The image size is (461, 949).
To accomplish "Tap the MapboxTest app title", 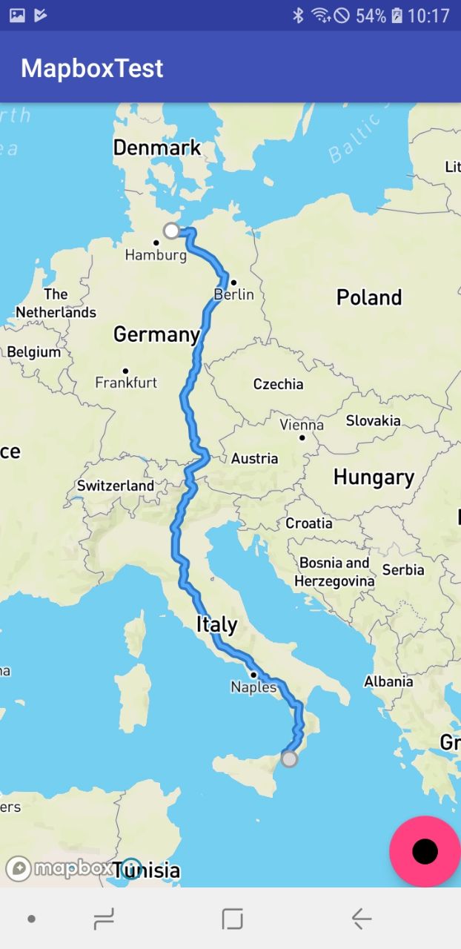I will point(92,68).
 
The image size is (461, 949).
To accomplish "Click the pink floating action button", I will point(425,851).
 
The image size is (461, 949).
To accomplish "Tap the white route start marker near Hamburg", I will point(171,231).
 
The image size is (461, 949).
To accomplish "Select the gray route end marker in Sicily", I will point(289,758).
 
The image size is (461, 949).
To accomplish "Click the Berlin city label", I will point(234,294).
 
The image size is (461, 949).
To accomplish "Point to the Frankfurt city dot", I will point(125,371).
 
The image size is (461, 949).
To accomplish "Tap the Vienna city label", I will point(302,425).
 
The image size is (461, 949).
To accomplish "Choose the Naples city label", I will point(253,687).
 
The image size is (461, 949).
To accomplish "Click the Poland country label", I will point(368,297).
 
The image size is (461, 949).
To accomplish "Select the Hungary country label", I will point(374,477).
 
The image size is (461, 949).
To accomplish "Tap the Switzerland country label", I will point(116,486).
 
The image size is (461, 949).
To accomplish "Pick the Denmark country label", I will point(157,148).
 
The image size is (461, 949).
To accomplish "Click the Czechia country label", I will point(278,384).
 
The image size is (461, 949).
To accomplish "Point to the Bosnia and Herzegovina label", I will point(334,572).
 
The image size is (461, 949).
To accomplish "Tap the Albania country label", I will point(388,681).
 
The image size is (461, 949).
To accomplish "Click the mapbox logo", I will point(59,868).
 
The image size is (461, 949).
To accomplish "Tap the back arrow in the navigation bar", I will point(361,919).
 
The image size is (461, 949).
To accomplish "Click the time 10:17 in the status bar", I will point(428,16).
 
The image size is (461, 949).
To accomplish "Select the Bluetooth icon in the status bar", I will point(298,16).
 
